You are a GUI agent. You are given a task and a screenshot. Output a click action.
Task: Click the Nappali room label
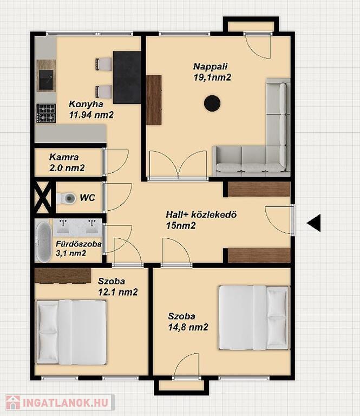210,66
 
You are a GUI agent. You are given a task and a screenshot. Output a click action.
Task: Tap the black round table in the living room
212,103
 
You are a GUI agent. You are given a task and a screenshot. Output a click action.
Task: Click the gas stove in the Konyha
46,113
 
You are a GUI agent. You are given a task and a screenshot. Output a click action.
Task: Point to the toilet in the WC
66,198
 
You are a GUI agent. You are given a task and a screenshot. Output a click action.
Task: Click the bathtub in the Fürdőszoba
43,242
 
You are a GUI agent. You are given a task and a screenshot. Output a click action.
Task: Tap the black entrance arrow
313,223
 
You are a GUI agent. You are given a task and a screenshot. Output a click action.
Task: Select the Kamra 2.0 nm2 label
67,162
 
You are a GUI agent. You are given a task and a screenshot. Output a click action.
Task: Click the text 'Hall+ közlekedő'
201,214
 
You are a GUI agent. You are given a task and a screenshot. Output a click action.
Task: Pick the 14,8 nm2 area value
188,327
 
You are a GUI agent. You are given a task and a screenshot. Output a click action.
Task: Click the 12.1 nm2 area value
118,292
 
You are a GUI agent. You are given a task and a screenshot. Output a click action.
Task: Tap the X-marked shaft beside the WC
43,197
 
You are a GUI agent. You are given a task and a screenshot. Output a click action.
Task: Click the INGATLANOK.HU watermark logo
60,403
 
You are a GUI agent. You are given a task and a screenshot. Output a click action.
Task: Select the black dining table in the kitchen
127,77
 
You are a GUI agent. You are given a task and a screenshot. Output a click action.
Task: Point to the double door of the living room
178,165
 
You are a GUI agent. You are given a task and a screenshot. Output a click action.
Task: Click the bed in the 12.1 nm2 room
71,332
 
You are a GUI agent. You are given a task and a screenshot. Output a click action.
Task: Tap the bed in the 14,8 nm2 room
254,317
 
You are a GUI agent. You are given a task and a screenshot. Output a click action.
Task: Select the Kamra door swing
116,162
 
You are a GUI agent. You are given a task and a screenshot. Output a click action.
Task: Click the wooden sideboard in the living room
154,100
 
